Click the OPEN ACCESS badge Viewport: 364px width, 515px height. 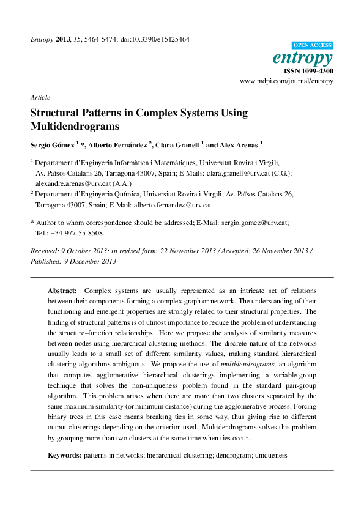(x=313, y=45)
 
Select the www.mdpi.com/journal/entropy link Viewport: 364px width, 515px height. (x=286, y=81)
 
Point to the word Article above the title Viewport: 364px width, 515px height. (x=40, y=97)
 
